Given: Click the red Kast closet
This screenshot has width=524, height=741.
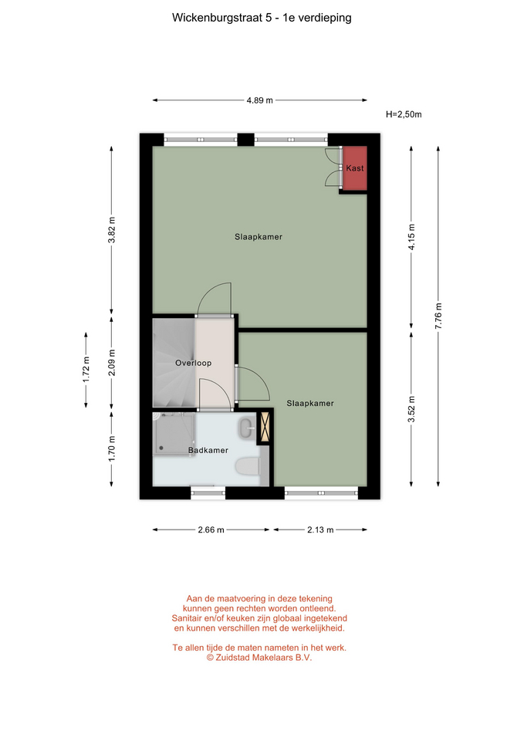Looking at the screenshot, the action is [355, 168].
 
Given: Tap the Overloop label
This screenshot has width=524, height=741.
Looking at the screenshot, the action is [193, 363].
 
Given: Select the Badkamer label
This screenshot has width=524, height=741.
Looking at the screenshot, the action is [208, 450].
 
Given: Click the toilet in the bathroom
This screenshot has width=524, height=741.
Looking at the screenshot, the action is [248, 466].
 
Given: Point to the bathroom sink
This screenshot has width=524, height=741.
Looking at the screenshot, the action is [247, 428].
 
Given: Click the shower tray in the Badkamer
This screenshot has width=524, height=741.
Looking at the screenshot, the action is [174, 434].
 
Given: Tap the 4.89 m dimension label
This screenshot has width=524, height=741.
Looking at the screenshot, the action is [260, 100].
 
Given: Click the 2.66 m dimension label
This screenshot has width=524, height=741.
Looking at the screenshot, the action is [211, 530].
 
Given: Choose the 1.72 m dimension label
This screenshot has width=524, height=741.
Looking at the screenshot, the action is [86, 370].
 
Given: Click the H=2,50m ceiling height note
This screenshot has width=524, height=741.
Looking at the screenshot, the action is [404, 114].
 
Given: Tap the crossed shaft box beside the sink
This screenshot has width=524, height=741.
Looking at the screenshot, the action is [265, 428].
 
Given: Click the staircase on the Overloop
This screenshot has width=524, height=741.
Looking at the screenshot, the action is [174, 363].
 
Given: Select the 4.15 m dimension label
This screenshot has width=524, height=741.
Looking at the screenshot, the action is [411, 237].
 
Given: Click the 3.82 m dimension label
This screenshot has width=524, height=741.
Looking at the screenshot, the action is [111, 230].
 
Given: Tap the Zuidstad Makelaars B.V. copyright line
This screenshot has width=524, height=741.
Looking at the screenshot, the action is [259, 658].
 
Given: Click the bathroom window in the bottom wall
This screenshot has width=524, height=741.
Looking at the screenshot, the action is [208, 493].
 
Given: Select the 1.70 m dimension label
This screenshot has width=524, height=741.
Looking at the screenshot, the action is [111, 449].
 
